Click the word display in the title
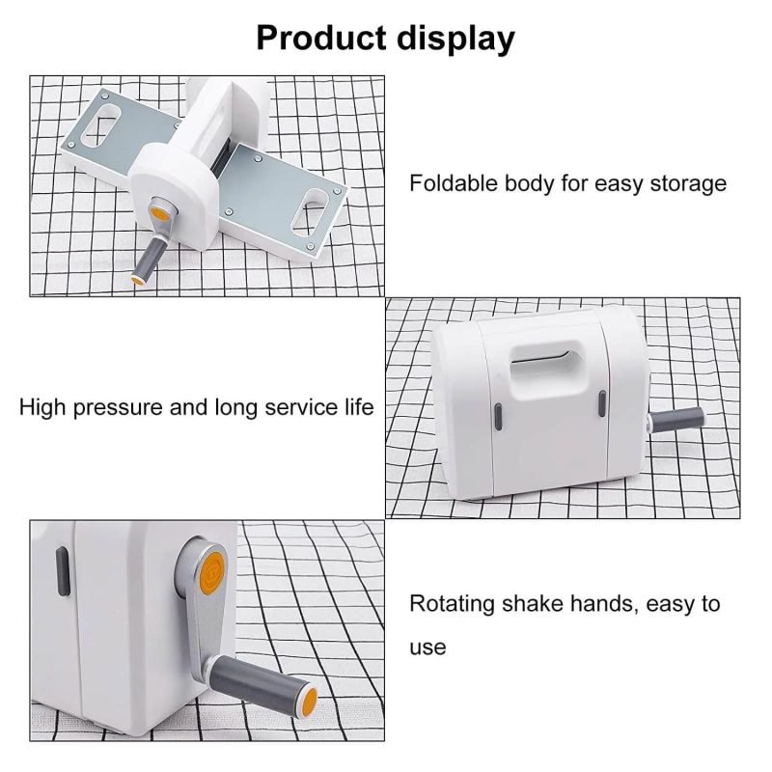[x=454, y=38]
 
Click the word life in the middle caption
[x=357, y=406]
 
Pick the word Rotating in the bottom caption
[x=451, y=605]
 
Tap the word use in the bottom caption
[x=427, y=647]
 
